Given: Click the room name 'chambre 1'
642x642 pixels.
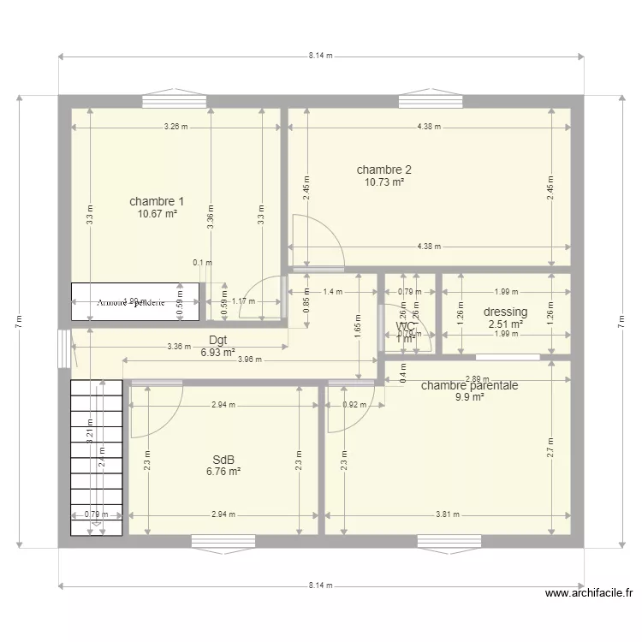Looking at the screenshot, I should click(x=157, y=201).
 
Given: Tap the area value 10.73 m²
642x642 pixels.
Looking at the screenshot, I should click(x=384, y=181).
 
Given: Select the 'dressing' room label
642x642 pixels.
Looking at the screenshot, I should click(x=505, y=312).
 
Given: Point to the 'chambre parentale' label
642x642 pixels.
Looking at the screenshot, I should click(x=469, y=385).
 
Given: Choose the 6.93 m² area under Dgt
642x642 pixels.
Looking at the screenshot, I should click(x=217, y=352).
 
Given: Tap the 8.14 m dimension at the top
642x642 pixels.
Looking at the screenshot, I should click(x=321, y=56).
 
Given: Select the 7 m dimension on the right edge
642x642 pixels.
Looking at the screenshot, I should click(x=622, y=321).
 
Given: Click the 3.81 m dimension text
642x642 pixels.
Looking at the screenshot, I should click(x=447, y=515).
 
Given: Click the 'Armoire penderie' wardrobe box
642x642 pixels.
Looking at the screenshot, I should click(x=135, y=302).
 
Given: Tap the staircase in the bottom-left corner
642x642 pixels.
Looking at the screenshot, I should click(x=94, y=458).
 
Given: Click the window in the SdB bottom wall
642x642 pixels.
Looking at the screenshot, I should click(x=223, y=541).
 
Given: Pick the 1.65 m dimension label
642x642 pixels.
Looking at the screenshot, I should click(x=356, y=325).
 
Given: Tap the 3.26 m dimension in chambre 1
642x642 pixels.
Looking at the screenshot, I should click(x=176, y=127).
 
